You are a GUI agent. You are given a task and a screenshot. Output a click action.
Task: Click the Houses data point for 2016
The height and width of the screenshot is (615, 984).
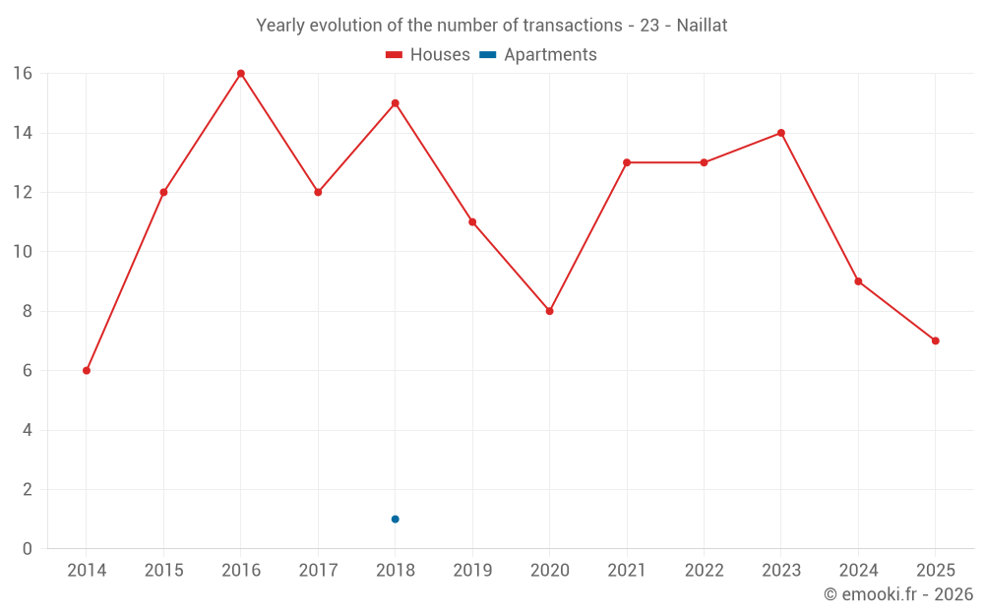[241, 74]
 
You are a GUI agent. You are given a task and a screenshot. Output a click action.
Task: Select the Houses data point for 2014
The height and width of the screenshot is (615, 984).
[87, 371]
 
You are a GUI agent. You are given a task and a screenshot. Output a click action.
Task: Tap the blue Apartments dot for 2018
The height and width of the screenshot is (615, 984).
[396, 519]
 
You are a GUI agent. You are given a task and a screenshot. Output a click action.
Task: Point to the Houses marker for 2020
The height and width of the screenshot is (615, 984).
[550, 311]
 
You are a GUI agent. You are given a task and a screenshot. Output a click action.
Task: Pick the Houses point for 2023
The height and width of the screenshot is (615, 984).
[781, 133]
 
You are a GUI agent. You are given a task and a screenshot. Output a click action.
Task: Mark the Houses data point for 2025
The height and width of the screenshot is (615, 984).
[936, 340]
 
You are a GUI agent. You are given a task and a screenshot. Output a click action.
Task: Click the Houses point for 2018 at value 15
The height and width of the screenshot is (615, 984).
[396, 103]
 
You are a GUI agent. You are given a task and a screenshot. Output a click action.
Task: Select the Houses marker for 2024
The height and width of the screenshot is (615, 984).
[858, 281]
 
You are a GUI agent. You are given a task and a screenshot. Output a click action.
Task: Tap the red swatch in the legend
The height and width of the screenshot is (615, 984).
[395, 55]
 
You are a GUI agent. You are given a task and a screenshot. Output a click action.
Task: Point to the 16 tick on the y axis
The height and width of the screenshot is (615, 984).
[23, 74]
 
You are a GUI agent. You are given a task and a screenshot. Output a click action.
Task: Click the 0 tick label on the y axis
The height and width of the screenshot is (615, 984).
[28, 549]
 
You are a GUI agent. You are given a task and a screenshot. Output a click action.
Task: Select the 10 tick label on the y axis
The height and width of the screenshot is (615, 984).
[23, 252]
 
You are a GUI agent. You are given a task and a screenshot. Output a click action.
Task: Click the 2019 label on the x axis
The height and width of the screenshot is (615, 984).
[472, 571]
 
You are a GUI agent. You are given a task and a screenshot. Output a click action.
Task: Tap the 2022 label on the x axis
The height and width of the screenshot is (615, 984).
[704, 571]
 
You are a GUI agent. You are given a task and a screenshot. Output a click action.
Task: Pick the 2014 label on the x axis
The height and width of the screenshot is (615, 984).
[87, 571]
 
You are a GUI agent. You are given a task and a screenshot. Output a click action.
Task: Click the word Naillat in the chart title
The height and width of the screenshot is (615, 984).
[702, 26]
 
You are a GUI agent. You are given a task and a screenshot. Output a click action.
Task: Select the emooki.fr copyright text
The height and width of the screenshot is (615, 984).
[898, 594]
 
